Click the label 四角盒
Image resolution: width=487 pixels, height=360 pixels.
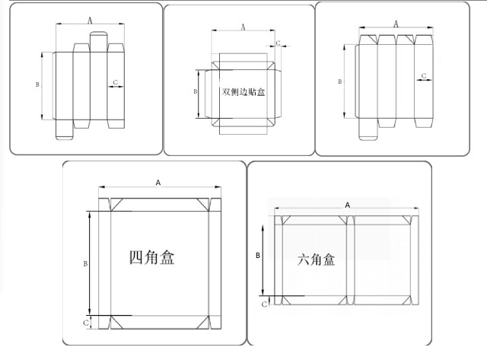tap(151, 257)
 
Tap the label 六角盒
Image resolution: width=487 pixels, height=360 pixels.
tap(316, 260)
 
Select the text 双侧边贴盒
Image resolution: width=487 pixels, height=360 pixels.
tap(243, 91)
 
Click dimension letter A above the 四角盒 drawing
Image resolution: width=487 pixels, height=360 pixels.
tap(158, 183)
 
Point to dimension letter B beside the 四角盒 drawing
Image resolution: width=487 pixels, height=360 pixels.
tap(85, 263)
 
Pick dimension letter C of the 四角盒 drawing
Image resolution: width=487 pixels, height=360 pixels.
tap(86, 323)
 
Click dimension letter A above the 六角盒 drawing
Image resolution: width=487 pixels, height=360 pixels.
tap(348, 205)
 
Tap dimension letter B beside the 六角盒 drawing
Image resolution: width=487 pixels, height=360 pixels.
tap(258, 255)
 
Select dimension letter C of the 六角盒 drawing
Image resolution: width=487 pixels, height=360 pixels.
tap(264, 304)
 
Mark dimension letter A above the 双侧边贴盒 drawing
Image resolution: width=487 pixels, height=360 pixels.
tap(243, 27)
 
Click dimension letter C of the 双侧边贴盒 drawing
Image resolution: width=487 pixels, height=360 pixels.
tap(278, 43)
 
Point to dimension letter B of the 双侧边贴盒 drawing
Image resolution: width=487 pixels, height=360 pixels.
tap(195, 91)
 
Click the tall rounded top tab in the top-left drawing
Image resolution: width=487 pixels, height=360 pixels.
tap(98, 42)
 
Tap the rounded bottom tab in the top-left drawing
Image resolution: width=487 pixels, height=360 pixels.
tap(64, 129)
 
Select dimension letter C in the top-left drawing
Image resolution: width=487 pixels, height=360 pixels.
tap(116, 82)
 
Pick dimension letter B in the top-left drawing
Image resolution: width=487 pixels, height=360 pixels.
tap(37, 84)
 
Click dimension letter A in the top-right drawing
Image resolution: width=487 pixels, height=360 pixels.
tap(396, 24)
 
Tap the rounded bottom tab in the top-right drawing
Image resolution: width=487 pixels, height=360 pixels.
tap(368, 129)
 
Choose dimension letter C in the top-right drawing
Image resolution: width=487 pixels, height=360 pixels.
tap(424, 75)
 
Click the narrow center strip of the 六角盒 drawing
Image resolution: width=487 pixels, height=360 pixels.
tap(351, 260)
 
